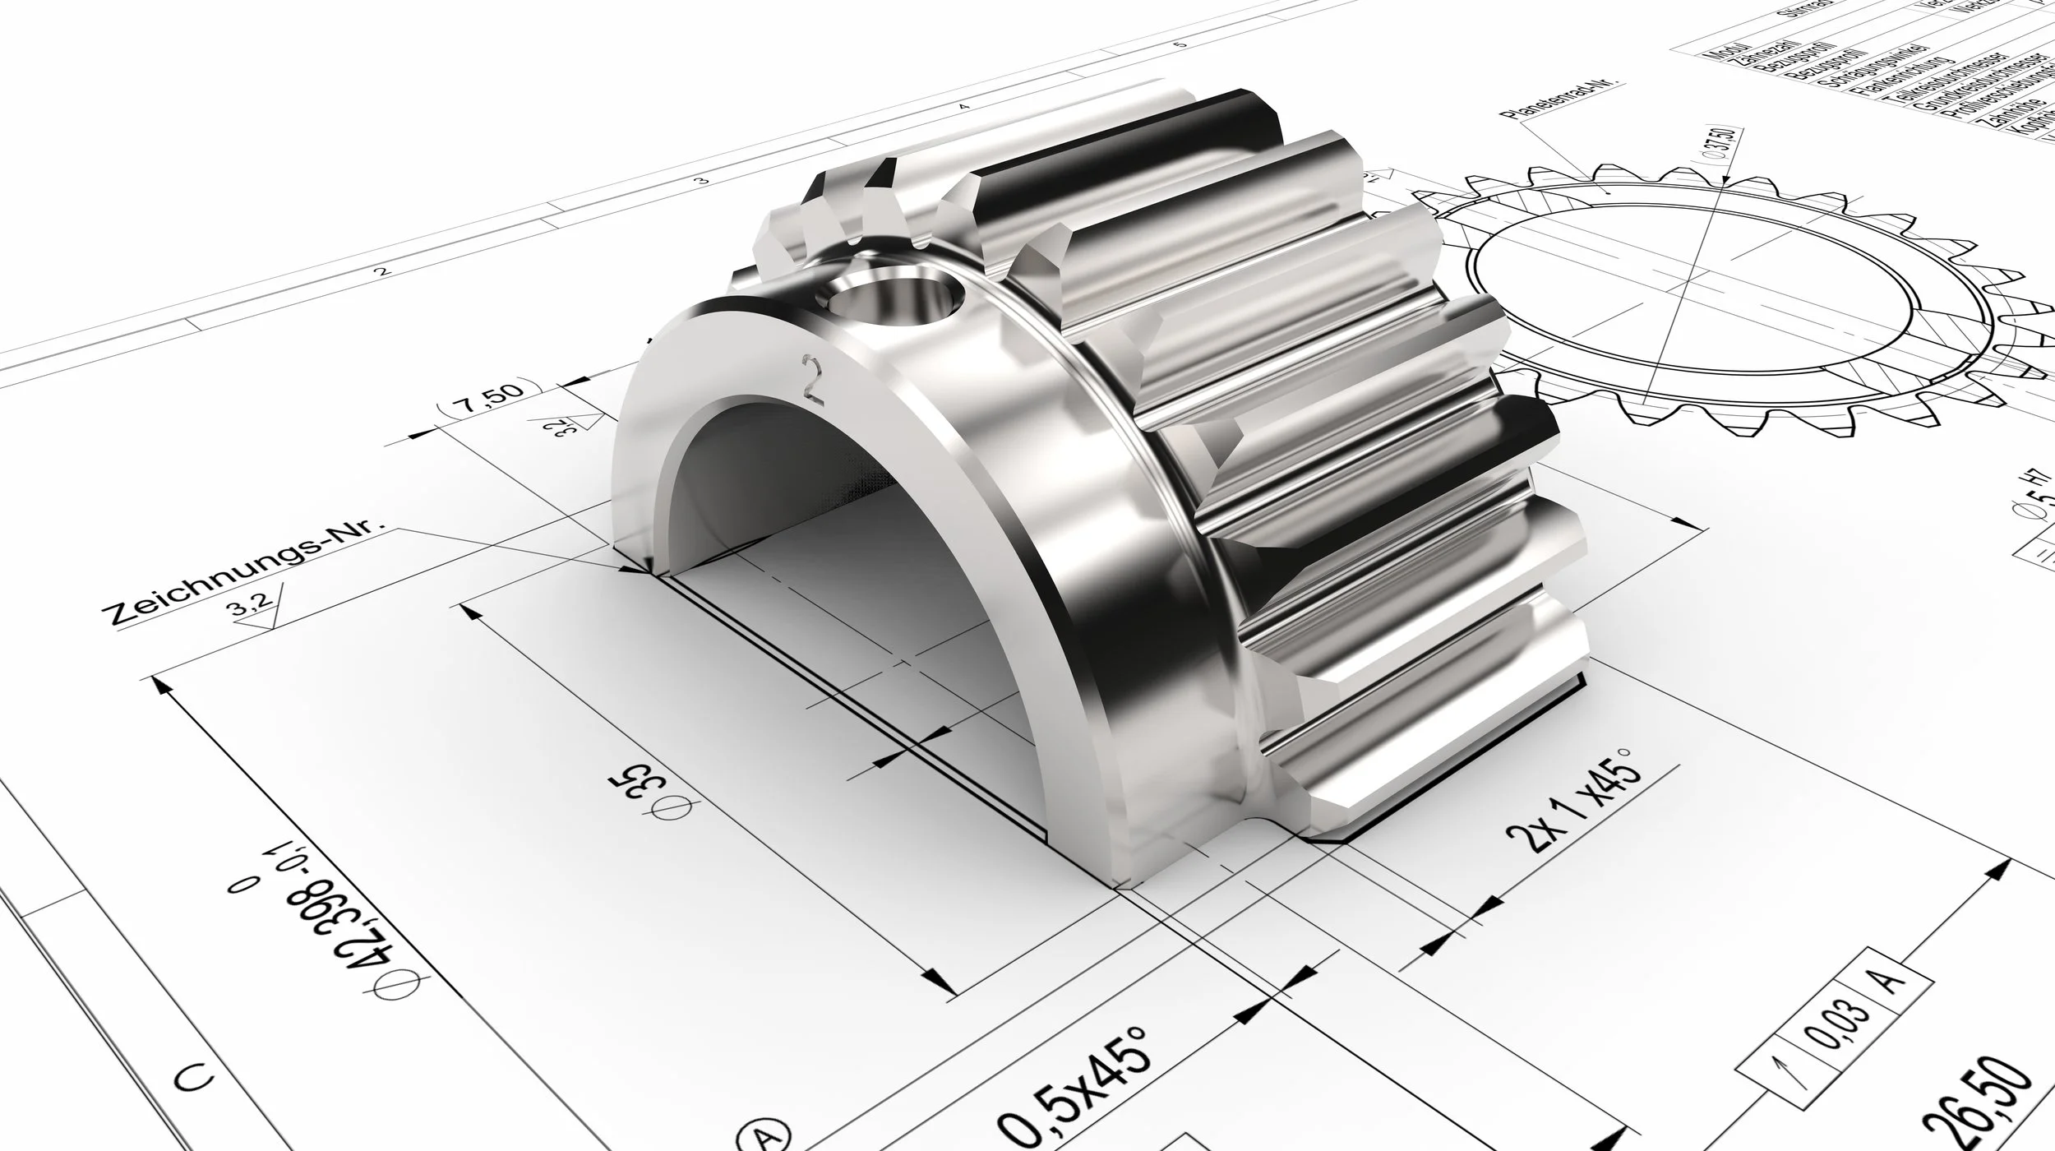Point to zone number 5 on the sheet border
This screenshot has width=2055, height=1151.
(1181, 44)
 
